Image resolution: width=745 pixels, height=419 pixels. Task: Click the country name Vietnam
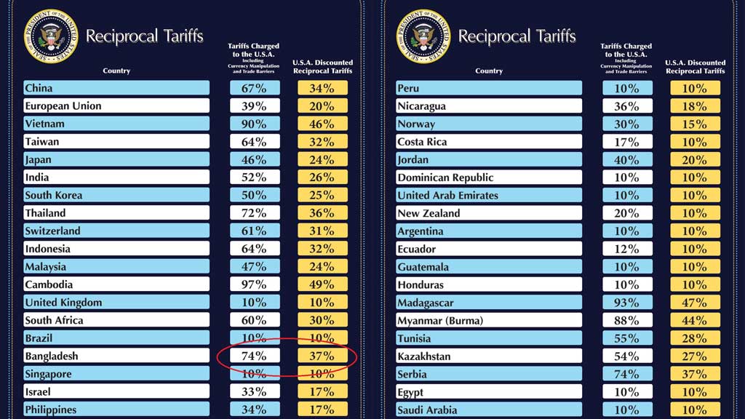coord(45,124)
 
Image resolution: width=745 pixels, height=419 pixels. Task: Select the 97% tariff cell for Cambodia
coord(255,284)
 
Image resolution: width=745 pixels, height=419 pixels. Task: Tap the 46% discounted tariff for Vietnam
coord(322,124)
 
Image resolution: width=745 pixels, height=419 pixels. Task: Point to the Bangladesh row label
coord(52,356)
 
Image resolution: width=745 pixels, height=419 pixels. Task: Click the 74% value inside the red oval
coord(255,356)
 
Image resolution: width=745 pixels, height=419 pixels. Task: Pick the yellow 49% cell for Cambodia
coord(322,284)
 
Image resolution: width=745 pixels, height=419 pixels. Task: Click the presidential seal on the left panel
coord(50,35)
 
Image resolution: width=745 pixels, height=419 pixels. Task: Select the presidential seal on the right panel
coord(423,35)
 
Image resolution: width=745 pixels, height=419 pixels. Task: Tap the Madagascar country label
coord(426,303)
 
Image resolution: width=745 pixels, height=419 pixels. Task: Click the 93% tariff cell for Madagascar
coord(627,303)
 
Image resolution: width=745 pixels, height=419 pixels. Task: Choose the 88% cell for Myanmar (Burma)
coord(627,320)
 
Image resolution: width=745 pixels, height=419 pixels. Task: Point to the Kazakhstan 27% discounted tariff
coord(695,356)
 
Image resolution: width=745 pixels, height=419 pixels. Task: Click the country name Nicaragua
coord(422,106)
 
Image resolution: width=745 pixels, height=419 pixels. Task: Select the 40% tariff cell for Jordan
coord(627,159)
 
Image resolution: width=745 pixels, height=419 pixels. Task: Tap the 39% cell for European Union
coord(255,106)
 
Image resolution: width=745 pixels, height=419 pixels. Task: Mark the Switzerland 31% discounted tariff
coord(322,231)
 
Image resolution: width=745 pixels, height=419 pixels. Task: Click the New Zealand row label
coord(429,213)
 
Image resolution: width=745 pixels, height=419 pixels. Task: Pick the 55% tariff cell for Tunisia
coord(627,338)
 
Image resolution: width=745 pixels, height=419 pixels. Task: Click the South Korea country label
coord(54,195)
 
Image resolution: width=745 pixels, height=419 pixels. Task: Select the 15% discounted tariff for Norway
coord(695,124)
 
